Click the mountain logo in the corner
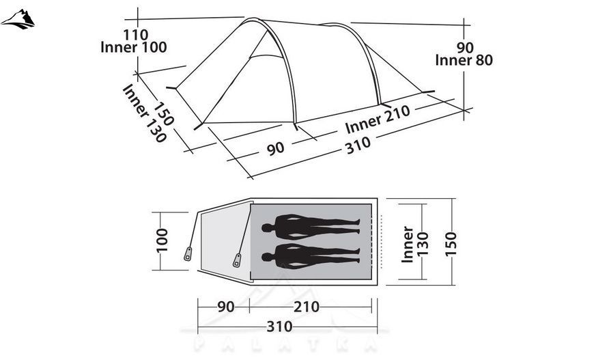(x=18, y=19)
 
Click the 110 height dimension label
(x=135, y=35)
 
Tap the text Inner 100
(x=134, y=47)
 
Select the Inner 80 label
(x=464, y=60)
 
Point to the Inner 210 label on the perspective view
(x=378, y=118)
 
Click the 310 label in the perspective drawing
(x=358, y=146)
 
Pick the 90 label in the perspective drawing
(x=275, y=148)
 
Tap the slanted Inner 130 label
(x=144, y=113)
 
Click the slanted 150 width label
(x=163, y=113)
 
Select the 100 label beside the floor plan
(x=162, y=240)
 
